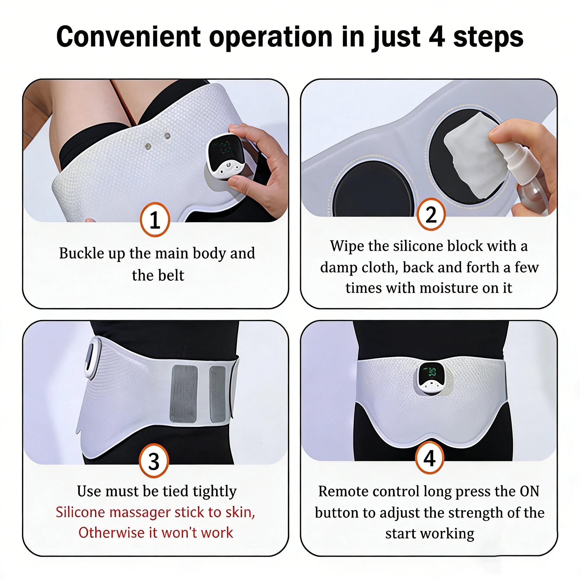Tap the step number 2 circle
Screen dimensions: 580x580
(431, 214)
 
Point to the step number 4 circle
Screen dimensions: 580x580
(429, 459)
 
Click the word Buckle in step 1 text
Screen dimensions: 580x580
(76, 253)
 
